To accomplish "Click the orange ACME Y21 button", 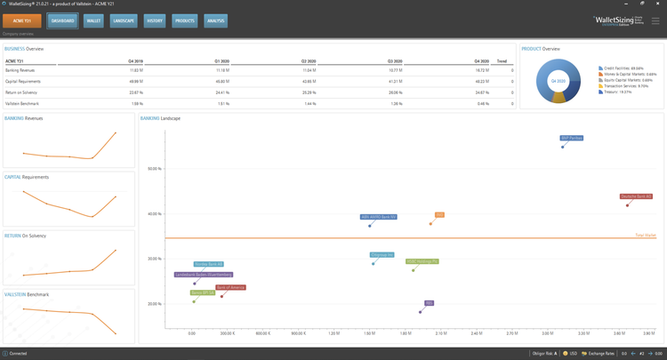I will tap(21, 20).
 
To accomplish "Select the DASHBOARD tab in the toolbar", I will tap(62, 20).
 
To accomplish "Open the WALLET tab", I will tap(93, 20).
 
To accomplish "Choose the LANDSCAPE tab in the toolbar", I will tap(124, 20).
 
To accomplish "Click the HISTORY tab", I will tap(155, 20).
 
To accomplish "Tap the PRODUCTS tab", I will tap(184, 20).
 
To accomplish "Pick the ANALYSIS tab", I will tap(215, 20).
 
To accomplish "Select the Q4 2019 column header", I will tap(135, 60).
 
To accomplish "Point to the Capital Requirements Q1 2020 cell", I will tap(221, 81).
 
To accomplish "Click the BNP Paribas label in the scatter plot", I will tap(572, 138).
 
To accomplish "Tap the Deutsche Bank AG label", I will tap(636, 196).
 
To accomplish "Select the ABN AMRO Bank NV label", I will tap(378, 217).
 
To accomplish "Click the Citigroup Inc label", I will tap(382, 255).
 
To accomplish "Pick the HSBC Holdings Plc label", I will tap(422, 261).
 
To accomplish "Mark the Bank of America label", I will tap(230, 288).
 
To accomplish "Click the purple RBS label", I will tap(429, 303).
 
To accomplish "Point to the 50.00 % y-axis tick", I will tap(154, 169).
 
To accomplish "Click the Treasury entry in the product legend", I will tap(615, 92).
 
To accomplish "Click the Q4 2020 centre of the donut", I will tap(558, 81).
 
